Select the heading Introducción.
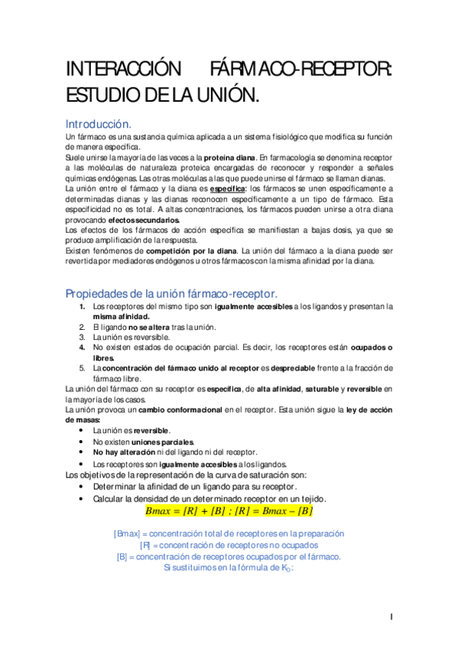[x=99, y=123]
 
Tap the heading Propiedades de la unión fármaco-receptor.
[x=171, y=294]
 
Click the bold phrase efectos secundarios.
[x=145, y=220]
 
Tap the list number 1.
[x=83, y=307]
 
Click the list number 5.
[x=83, y=367]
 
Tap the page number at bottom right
[x=391, y=617]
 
